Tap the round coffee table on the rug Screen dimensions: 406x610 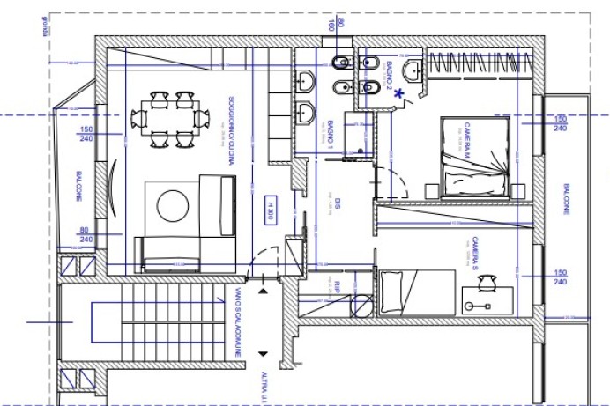(173, 206)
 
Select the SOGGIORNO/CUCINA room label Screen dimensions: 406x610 (230, 126)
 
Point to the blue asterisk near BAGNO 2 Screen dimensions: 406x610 (399, 92)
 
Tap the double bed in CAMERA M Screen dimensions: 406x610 (475, 159)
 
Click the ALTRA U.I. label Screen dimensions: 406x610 (263, 387)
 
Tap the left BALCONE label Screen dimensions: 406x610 (79, 186)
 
